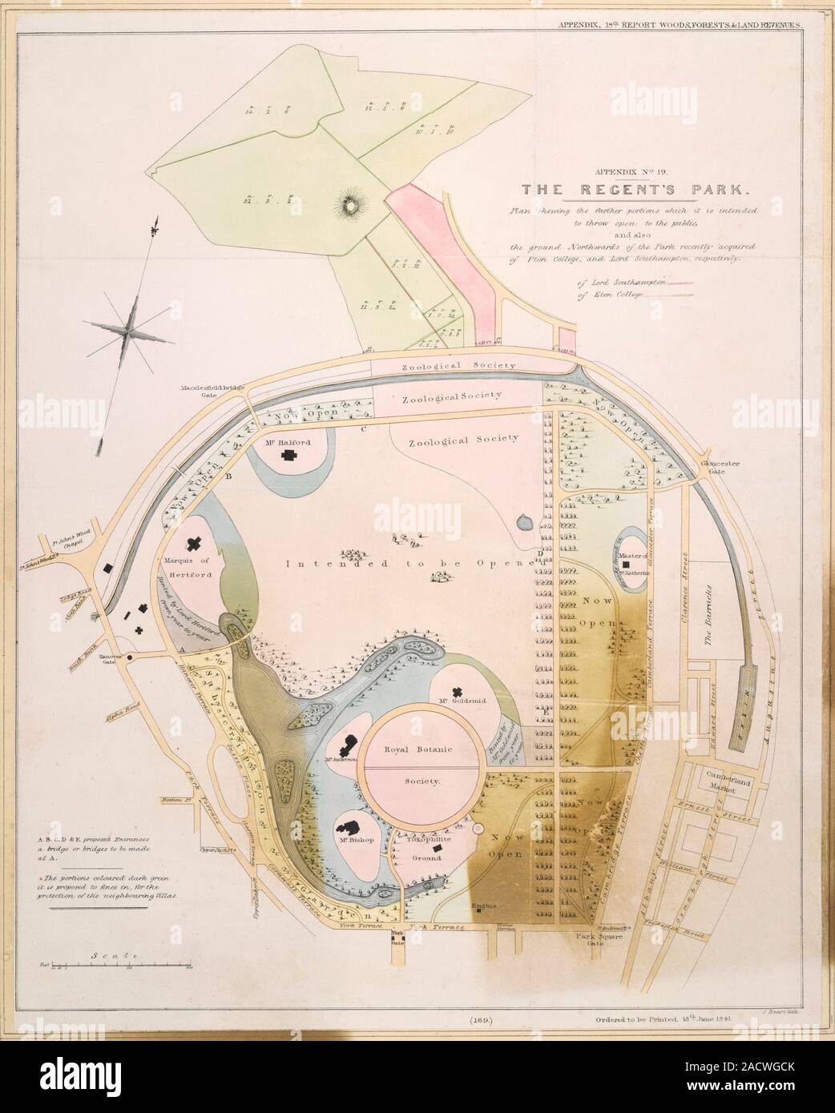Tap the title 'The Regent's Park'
(633, 191)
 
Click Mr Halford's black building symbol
(287, 454)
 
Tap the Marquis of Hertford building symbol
(193, 544)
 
